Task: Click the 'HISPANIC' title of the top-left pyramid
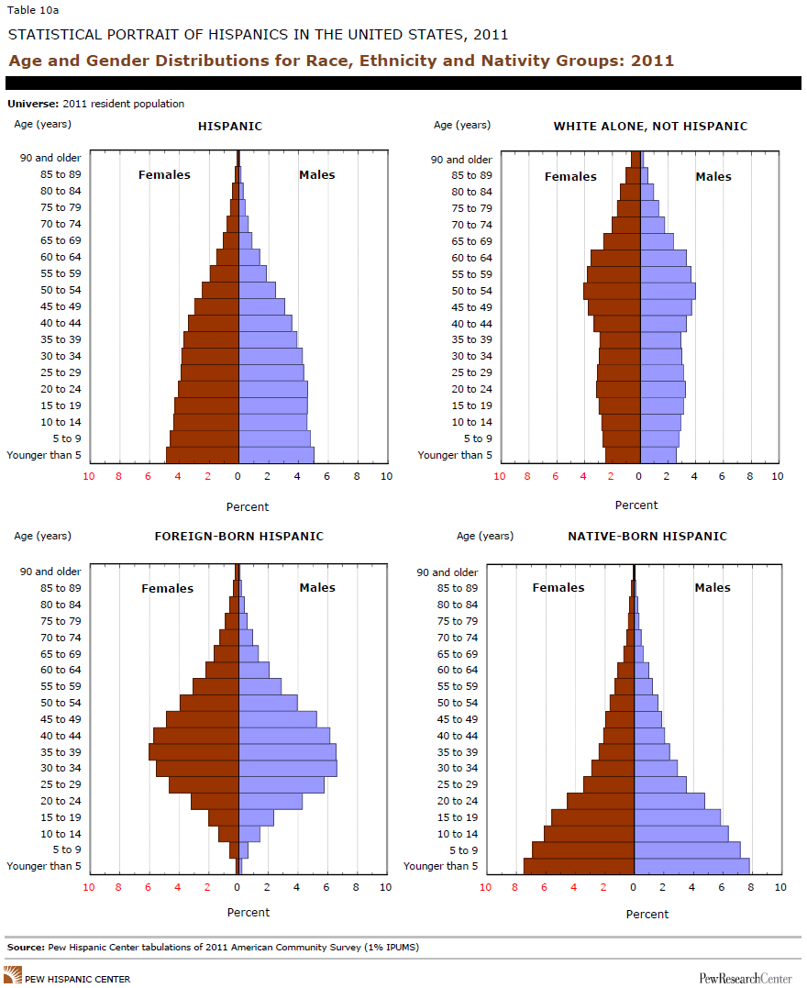coord(229,126)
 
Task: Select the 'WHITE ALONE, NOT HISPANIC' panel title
coord(650,126)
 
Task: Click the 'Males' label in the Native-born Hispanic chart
coord(713,587)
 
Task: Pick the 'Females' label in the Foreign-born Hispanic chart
coord(167,588)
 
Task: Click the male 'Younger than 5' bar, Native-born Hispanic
coord(691,866)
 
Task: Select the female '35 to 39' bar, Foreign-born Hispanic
coord(193,751)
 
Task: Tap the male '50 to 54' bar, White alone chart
coord(668,291)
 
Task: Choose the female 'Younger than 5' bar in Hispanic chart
coord(202,455)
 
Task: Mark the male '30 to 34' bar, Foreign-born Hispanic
coord(287,768)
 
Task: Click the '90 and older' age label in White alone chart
coord(461,159)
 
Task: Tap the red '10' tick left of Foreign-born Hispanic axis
coord(89,887)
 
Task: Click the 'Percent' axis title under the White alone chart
coord(636,505)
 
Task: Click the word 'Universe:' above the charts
coord(29,104)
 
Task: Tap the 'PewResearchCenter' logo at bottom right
coord(746,978)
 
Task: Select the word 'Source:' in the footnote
coord(26,946)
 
